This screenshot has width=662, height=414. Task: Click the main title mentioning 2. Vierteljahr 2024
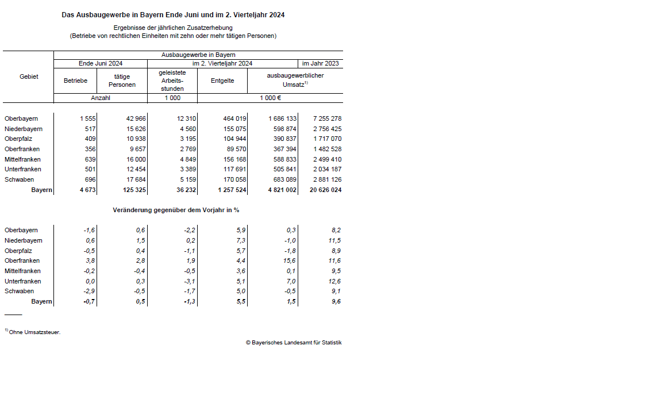coord(173,15)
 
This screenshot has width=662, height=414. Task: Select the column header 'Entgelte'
coord(222,81)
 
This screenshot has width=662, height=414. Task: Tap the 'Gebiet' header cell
coord(29,76)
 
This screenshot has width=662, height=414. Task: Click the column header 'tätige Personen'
coord(122,81)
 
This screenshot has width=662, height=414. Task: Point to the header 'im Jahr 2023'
coord(320,64)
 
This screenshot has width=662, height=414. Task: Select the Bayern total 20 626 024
coord(325,190)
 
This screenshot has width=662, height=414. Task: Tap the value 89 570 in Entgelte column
coord(234,149)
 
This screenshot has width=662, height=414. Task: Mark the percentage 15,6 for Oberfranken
coord(290,261)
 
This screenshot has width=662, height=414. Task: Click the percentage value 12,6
coord(334,281)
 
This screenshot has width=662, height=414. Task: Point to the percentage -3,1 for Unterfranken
coord(190,281)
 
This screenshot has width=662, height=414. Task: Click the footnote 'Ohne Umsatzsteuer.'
coord(34,332)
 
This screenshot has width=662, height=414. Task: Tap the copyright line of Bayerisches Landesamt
coord(294,343)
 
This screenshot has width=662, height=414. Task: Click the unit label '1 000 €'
coord(270,98)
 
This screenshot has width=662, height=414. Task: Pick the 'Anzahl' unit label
coord(101,98)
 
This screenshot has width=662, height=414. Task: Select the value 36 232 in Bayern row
coord(186,190)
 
